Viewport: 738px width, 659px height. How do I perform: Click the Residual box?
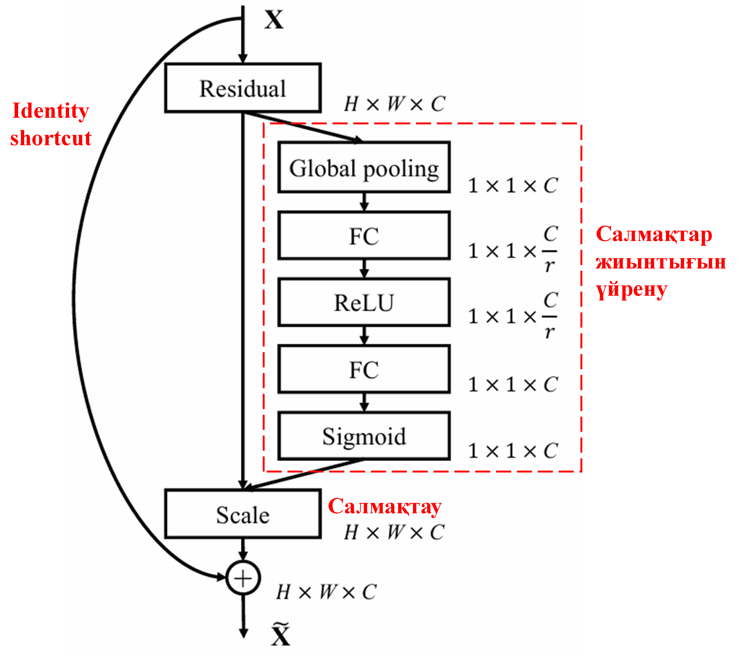tap(243, 88)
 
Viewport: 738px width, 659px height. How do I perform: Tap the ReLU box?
tap(364, 302)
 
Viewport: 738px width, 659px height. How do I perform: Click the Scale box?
tap(243, 514)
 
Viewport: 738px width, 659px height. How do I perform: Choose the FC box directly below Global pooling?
tap(364, 235)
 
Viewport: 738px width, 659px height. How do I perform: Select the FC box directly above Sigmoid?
tap(364, 369)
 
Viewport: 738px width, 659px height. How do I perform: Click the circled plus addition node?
tap(243, 578)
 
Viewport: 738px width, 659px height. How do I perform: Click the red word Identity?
tap(51, 110)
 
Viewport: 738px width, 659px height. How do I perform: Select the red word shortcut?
tap(51, 138)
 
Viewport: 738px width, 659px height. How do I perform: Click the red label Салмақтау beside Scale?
tap(384, 506)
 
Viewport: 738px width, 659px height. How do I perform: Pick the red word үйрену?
tap(631, 290)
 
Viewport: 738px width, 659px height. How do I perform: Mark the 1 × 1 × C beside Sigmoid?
tap(512, 451)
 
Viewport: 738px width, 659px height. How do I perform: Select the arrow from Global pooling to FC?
tap(364, 202)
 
